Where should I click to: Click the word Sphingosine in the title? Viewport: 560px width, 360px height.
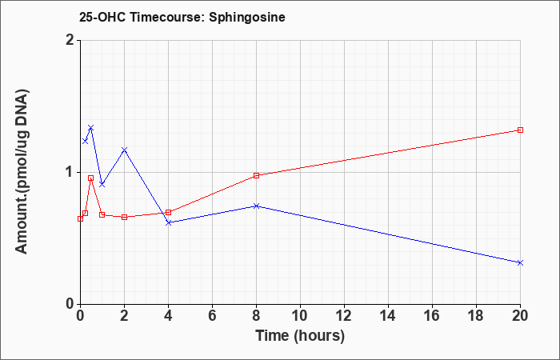(x=247, y=18)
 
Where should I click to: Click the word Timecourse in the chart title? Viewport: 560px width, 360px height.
(x=166, y=17)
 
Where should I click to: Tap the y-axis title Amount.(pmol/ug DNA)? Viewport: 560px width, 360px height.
(x=22, y=172)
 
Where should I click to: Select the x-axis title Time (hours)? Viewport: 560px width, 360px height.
(x=300, y=336)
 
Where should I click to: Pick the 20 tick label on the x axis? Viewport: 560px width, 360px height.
(x=520, y=316)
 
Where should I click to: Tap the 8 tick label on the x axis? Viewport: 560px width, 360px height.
(x=256, y=316)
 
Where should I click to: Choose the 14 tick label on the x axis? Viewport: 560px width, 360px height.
(x=388, y=316)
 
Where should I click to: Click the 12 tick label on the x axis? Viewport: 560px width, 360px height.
(x=344, y=316)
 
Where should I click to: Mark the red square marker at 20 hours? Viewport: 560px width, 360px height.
(x=520, y=130)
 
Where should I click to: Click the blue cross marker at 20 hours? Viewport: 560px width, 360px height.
(x=520, y=263)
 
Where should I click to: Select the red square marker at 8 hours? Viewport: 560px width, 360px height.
(x=256, y=175)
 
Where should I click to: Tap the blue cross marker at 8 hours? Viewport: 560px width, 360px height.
(x=256, y=206)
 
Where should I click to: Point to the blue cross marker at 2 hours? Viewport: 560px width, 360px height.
(x=124, y=150)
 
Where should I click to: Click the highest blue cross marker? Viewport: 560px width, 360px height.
(x=91, y=128)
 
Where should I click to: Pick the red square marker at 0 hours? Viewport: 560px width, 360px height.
(x=80, y=218)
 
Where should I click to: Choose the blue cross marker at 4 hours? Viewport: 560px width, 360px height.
(x=169, y=222)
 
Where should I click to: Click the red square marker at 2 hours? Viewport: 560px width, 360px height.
(x=124, y=217)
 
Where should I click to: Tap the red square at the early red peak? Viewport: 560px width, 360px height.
(x=91, y=178)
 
